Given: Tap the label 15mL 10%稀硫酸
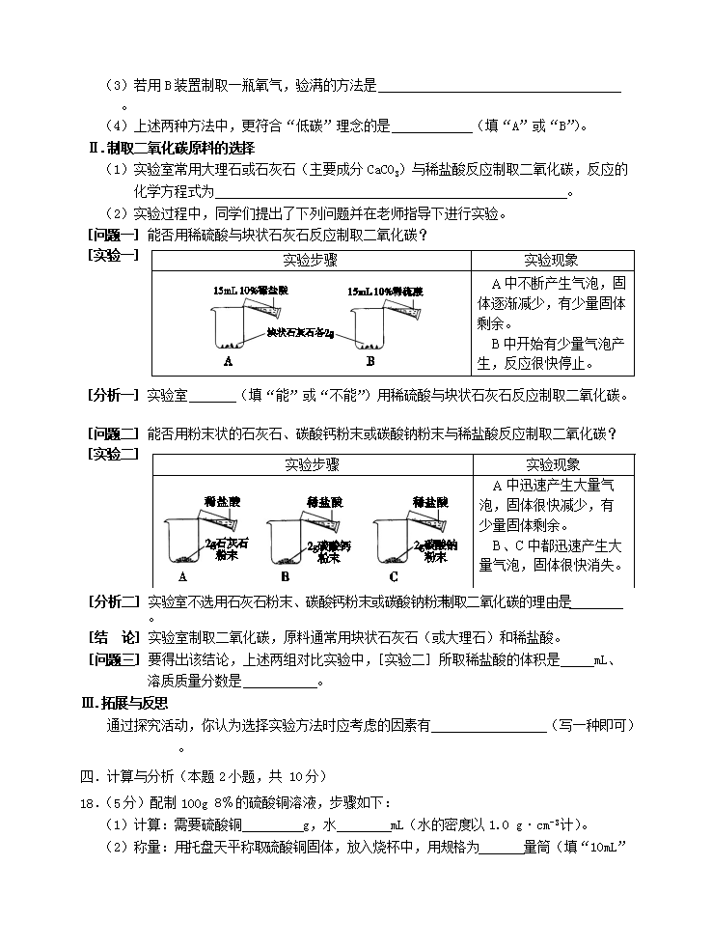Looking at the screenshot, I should tap(385, 291).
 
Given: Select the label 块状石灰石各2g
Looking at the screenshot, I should tap(300, 333).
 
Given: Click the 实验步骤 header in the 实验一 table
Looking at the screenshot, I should tap(311, 261).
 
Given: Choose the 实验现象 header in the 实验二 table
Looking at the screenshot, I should tap(553, 464).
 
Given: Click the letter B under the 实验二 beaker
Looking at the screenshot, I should tap(285, 577).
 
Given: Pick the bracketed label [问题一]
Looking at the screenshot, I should tap(114, 235).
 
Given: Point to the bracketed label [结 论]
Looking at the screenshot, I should tap(114, 638).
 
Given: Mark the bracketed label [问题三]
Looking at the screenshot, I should tap(114, 659).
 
